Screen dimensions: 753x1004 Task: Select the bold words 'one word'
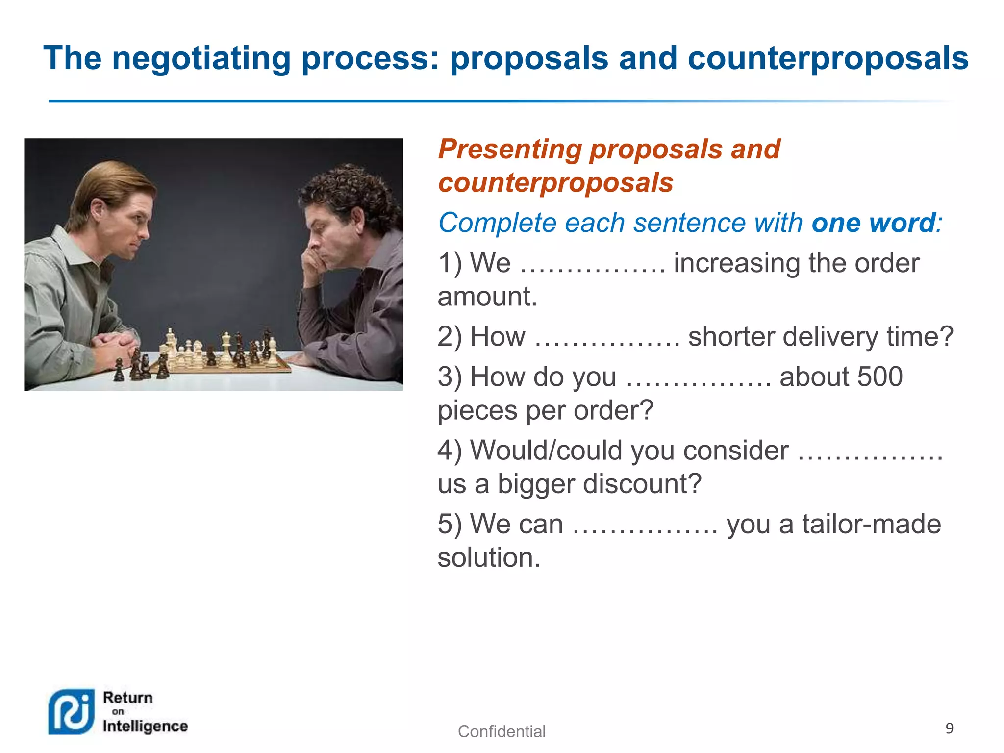[x=873, y=223]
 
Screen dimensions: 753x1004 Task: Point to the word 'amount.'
[x=487, y=297]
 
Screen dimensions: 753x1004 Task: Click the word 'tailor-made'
[x=871, y=524]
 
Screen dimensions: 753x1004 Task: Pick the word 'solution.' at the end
[x=489, y=558]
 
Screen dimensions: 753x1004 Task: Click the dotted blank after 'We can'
[x=645, y=529]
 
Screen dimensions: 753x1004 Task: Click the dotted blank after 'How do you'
[x=698, y=383]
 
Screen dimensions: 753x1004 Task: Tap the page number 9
[x=949, y=728]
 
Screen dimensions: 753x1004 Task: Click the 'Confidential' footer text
[x=502, y=731]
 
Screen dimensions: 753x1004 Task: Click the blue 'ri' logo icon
[x=72, y=712]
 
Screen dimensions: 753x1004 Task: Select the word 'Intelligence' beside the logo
[x=145, y=726]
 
